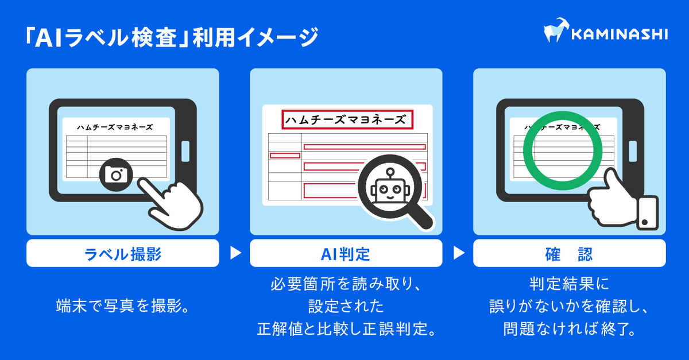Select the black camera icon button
coord(117,175)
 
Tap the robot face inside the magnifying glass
coord(388,189)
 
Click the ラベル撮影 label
coord(122,254)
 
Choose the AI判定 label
coord(346,254)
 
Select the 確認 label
coord(569,254)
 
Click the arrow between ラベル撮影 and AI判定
coord(235,253)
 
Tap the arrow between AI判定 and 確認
coord(458,253)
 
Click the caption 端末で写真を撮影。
coord(122,305)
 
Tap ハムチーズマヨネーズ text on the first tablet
coord(115,127)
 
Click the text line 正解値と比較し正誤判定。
coord(346,330)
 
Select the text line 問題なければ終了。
coord(569,330)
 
